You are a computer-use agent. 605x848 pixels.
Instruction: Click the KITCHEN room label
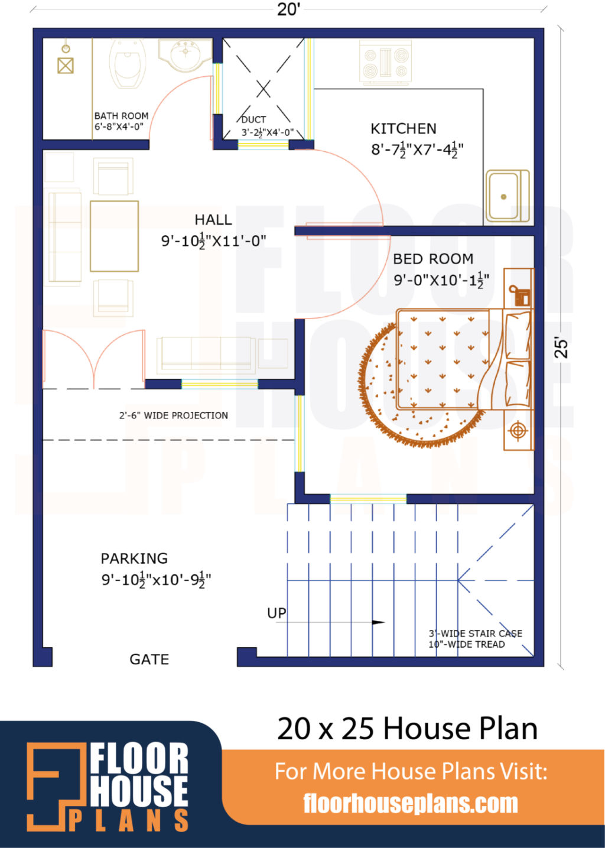tap(404, 129)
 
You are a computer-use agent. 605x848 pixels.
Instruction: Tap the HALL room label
tap(213, 220)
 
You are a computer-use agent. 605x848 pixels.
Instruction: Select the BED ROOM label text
tap(433, 259)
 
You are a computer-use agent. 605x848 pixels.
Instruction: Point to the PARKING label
tap(134, 558)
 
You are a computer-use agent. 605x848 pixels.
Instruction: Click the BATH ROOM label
tap(121, 116)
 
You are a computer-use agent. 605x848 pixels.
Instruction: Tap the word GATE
tap(149, 659)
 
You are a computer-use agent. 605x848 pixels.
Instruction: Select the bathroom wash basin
tap(186, 54)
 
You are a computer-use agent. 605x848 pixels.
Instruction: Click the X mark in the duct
tap(264, 89)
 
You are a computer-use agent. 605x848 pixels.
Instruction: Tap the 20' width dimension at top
tap(288, 9)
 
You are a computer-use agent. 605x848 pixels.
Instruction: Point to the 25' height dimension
tap(561, 347)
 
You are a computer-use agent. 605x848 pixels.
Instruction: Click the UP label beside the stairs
tap(277, 613)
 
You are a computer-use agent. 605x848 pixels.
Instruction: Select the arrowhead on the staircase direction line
tap(379, 622)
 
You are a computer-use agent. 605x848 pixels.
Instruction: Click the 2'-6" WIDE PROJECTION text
tap(174, 415)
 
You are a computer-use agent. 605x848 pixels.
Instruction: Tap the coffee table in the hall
tap(114, 236)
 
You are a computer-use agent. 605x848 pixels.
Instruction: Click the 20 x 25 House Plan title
tap(407, 729)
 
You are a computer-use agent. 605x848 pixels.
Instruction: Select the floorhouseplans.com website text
tap(411, 804)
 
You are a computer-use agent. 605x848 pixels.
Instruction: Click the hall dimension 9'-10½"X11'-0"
tap(213, 241)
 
